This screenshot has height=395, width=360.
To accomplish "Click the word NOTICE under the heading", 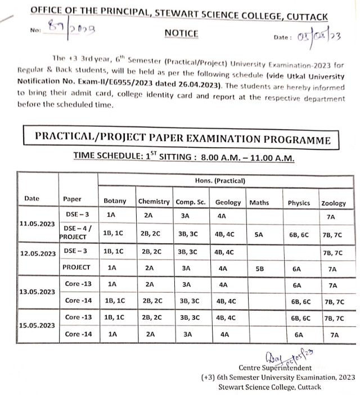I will pos(181,33).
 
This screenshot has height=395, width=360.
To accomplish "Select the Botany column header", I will pos(115,201).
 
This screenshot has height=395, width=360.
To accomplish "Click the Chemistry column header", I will pos(154,201).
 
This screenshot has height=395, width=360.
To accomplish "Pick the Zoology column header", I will pos(334,203).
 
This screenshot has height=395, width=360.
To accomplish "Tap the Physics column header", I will pos(299,203).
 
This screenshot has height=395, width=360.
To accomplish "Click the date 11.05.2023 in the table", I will pos(37,224).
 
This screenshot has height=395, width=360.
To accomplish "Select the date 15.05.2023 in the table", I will pos(37,325).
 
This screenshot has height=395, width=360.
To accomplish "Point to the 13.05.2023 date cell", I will pos(37,292).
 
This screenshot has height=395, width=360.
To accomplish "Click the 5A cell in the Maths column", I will pos(259,236).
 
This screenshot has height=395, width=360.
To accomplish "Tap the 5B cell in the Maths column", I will pos(259,269).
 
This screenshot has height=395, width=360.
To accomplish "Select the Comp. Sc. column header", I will pos(190,202).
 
